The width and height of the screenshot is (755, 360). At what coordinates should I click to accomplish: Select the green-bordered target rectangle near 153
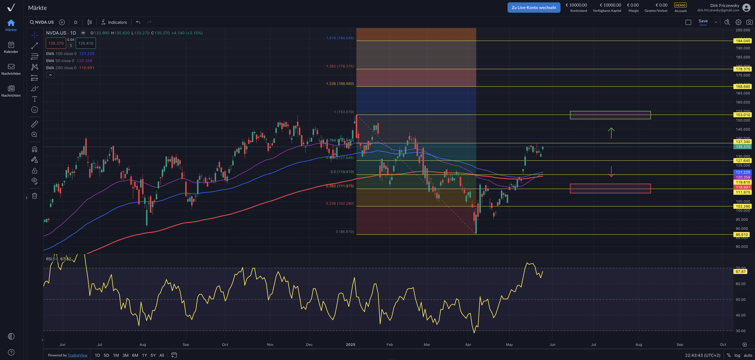pyautogui.click(x=610, y=115)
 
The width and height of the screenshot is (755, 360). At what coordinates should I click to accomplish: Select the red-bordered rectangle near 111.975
pyautogui.click(x=610, y=189)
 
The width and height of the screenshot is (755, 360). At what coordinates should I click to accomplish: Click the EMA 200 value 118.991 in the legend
pyautogui.click(x=87, y=68)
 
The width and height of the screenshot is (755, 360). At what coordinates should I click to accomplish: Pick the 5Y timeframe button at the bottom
pyautogui.click(x=153, y=355)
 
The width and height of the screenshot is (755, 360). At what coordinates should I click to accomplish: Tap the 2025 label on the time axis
pyautogui.click(x=351, y=344)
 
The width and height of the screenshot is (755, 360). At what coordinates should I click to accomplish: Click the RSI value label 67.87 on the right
pyautogui.click(x=740, y=271)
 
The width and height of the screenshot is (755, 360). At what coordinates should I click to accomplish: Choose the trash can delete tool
pyautogui.click(x=35, y=196)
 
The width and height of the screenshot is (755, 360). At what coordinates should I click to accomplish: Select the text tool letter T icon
pyautogui.click(x=35, y=99)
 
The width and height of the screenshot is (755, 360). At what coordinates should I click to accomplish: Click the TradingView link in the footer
pyautogui.click(x=77, y=355)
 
